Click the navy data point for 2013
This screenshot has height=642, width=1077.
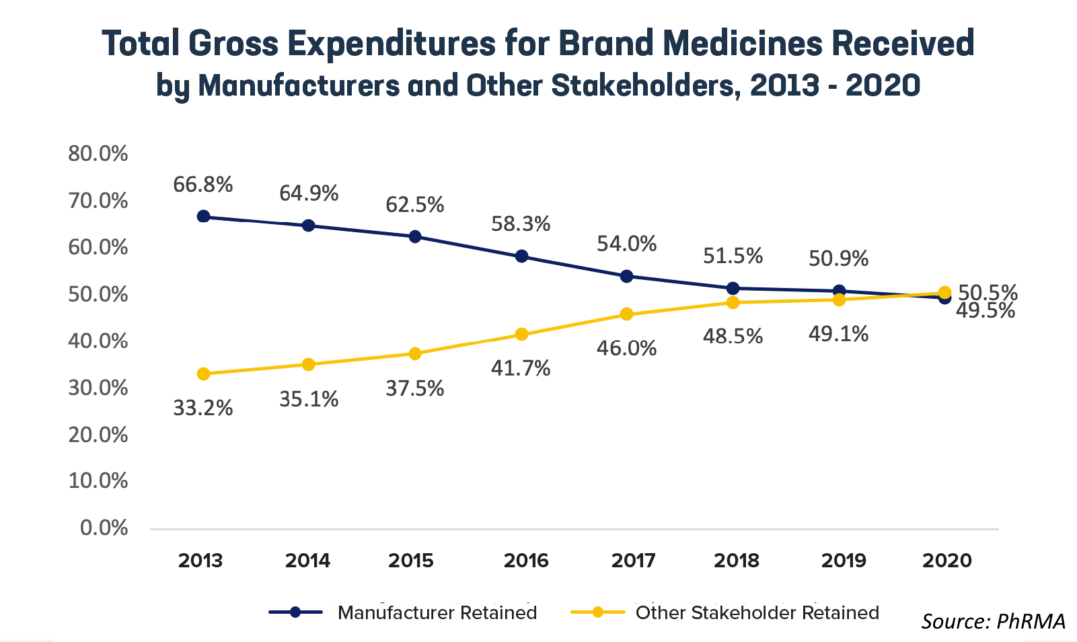203,216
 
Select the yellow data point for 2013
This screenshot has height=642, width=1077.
203,373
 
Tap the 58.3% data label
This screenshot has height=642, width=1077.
521,223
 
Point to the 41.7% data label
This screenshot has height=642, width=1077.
521,368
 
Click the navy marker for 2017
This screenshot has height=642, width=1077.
626,276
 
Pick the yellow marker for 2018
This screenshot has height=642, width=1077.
733,302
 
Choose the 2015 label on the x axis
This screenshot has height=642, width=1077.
411,561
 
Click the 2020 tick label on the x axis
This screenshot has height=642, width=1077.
947,561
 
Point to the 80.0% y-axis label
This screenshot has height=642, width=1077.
98,153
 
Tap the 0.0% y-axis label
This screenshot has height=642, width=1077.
104,528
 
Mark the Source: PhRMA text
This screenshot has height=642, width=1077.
993,620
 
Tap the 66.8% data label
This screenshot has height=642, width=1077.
202,184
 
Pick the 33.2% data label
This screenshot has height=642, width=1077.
202,408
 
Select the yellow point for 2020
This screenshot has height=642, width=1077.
944,293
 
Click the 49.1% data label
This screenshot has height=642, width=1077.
838,334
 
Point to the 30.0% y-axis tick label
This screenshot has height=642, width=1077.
98,388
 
